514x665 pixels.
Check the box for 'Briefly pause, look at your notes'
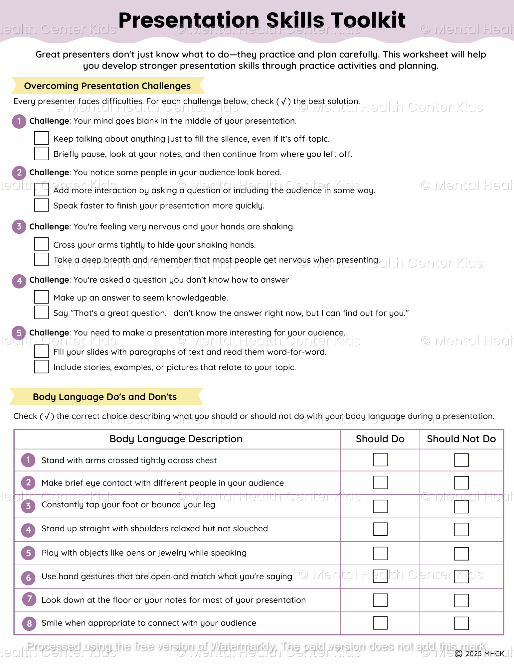pyautogui.click(x=41, y=153)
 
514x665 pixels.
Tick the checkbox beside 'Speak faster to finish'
pyautogui.click(x=41, y=205)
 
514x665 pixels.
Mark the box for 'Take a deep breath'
pyautogui.click(x=41, y=259)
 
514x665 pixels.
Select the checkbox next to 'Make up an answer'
pyautogui.click(x=41, y=297)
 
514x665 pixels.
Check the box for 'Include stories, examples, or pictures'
pyautogui.click(x=41, y=366)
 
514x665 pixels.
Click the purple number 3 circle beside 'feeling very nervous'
pyautogui.click(x=19, y=227)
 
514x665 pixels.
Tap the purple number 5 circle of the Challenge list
pyautogui.click(x=19, y=333)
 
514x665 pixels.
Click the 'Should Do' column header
pyautogui.click(x=380, y=439)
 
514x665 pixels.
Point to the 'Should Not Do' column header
pyautogui.click(x=461, y=439)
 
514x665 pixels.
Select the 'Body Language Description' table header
pyautogui.click(x=176, y=439)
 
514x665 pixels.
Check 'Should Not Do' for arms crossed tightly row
pyautogui.click(x=461, y=460)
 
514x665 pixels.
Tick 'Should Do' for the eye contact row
pyautogui.click(x=380, y=482)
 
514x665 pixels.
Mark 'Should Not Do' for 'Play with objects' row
pyautogui.click(x=461, y=554)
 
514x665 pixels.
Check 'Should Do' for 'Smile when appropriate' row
pyautogui.click(x=380, y=623)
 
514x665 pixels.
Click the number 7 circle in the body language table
pyautogui.click(x=29, y=599)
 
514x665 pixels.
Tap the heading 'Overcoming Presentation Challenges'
pyautogui.click(x=107, y=86)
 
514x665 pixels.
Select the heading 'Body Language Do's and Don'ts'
pyautogui.click(x=105, y=397)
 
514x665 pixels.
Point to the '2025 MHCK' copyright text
pyautogui.click(x=484, y=654)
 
